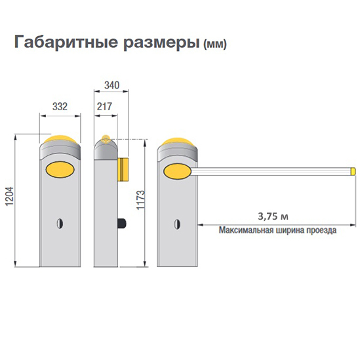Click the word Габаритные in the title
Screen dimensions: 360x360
point(66,42)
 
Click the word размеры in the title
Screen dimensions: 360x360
point(161,44)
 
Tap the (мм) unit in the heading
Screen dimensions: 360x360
point(215,44)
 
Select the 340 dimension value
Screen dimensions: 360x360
point(112,85)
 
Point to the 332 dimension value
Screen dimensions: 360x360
point(60,106)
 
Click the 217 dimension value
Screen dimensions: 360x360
point(104,106)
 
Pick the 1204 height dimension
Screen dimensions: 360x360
point(10,197)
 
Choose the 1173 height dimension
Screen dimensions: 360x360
point(141,200)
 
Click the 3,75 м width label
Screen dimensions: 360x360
point(273,216)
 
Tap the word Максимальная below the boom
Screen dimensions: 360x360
point(246,230)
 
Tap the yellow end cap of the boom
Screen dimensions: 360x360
point(353,172)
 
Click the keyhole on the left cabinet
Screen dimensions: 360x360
point(60,223)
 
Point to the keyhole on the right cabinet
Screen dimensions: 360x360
point(177,224)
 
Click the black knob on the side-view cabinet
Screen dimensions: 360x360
point(122,224)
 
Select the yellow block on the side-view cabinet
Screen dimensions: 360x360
point(123,169)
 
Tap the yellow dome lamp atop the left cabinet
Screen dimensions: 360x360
point(60,139)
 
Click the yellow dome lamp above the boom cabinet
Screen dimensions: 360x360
point(178,142)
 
